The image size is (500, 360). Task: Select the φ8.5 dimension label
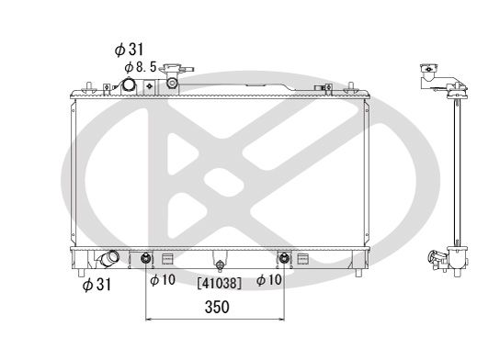[x=140, y=66]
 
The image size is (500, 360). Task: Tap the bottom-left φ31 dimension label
[x=97, y=285]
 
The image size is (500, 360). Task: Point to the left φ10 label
[x=162, y=279]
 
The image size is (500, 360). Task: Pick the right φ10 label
[x=271, y=279]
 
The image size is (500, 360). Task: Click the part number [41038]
[x=218, y=284]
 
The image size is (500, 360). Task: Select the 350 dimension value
[x=216, y=308]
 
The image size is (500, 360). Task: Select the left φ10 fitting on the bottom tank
[x=147, y=257]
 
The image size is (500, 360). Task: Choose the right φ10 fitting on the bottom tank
[x=285, y=257]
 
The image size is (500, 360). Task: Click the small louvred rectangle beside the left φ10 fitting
[x=166, y=257]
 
